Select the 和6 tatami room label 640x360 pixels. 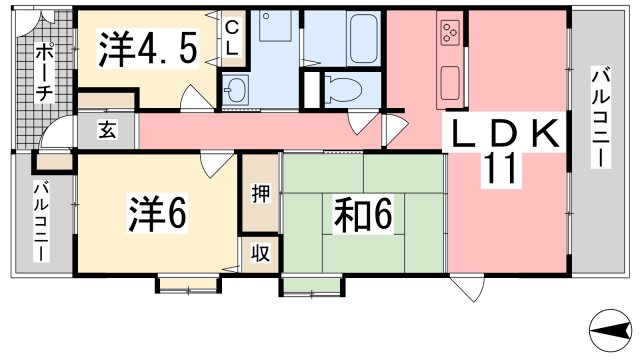[363, 214]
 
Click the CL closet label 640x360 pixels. [231, 39]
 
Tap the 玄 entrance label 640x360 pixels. [107, 131]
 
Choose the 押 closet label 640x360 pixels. [260, 193]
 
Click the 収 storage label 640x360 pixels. [260, 253]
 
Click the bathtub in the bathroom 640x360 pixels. [363, 39]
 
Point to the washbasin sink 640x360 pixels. [235, 90]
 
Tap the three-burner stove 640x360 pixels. [451, 33]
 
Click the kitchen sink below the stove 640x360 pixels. [450, 83]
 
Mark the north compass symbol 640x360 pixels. [610, 330]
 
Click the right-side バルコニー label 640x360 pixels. [601, 118]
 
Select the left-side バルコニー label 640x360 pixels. [41, 222]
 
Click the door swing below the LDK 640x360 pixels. [467, 289]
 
